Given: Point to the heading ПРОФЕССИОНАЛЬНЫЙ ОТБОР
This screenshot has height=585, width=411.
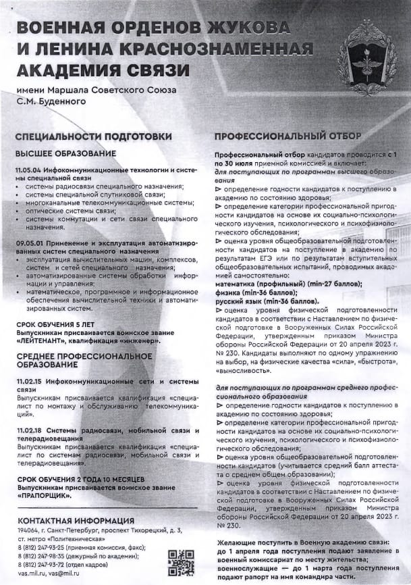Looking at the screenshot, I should pyautogui.click(x=278, y=136).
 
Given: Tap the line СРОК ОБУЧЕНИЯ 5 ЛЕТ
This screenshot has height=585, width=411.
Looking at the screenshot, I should pyautogui.click(x=56, y=325).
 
